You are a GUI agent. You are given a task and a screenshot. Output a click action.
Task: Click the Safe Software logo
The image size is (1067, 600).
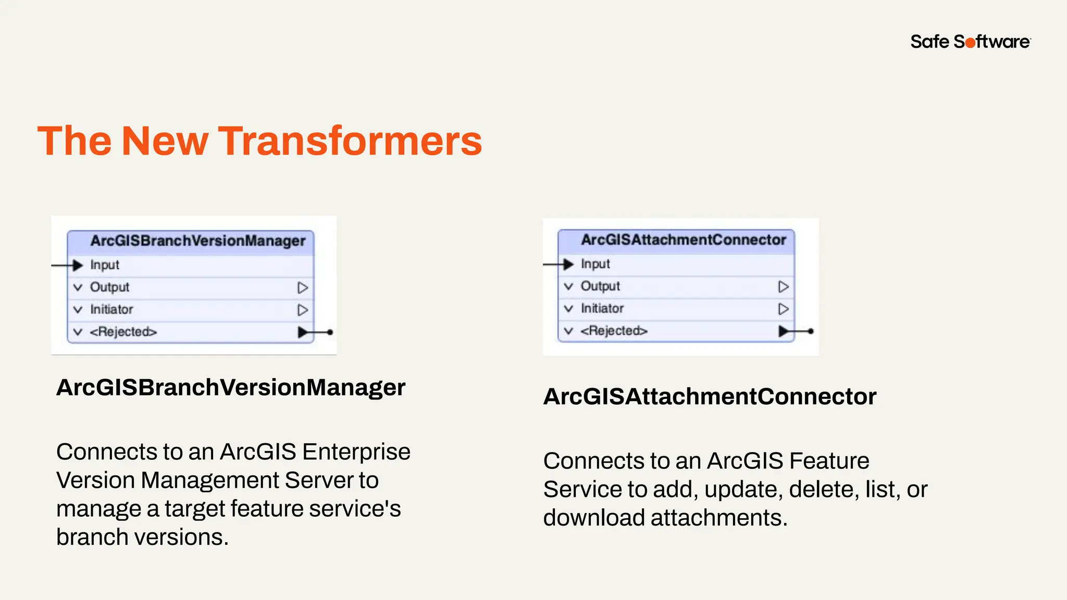970,42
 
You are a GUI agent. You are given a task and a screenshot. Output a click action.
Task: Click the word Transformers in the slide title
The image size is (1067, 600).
350,141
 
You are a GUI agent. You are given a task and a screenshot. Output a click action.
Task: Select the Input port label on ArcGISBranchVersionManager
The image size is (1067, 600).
105,265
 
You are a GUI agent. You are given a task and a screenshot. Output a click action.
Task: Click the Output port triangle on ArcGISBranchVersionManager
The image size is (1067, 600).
302,288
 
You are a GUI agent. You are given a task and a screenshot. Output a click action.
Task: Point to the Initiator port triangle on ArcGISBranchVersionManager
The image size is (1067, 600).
302,310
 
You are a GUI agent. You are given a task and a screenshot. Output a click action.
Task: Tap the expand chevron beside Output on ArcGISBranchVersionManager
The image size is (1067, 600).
78,287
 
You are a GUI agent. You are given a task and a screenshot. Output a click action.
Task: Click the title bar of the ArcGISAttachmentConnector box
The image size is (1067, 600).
683,240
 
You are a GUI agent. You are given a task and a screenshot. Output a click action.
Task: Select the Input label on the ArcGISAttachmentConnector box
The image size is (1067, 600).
595,264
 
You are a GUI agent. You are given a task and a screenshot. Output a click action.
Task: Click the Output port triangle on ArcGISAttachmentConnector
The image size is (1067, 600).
783,287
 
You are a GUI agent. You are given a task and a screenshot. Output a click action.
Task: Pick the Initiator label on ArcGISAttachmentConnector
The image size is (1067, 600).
602,309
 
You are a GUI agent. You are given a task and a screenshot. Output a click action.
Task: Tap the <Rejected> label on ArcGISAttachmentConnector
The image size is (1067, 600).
614,331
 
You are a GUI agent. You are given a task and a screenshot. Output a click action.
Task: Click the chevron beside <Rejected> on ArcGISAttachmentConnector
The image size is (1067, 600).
569,331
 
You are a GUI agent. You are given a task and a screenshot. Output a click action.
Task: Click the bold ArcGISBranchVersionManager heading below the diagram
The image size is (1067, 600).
230,387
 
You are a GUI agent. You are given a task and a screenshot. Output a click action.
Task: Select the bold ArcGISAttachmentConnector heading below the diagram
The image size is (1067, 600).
710,397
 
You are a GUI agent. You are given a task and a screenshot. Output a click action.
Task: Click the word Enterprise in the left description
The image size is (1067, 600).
356,452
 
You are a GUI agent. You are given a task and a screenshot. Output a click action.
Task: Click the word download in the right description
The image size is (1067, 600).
593,518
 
